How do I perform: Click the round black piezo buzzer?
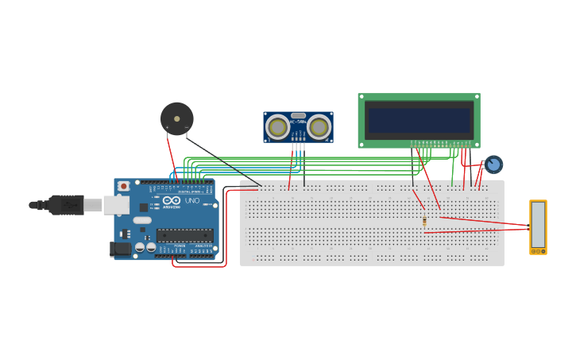point(176,118)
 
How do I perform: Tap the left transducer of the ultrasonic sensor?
point(277,126)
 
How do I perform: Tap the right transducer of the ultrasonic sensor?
point(319,126)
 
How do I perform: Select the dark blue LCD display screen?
point(419,120)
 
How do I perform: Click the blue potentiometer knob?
point(493,165)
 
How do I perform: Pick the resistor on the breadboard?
point(424,220)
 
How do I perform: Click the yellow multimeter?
point(538,227)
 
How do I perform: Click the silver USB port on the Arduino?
point(116,205)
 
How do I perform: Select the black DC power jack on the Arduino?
point(120,249)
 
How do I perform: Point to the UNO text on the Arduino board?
point(192,200)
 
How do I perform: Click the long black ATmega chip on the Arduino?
point(184,234)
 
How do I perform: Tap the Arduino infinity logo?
point(171,200)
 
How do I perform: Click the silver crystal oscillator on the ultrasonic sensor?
point(298,116)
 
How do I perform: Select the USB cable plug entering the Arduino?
point(67,205)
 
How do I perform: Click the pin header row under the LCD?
point(441,144)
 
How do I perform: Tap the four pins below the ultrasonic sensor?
point(298,146)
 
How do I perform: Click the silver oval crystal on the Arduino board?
point(142,220)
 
